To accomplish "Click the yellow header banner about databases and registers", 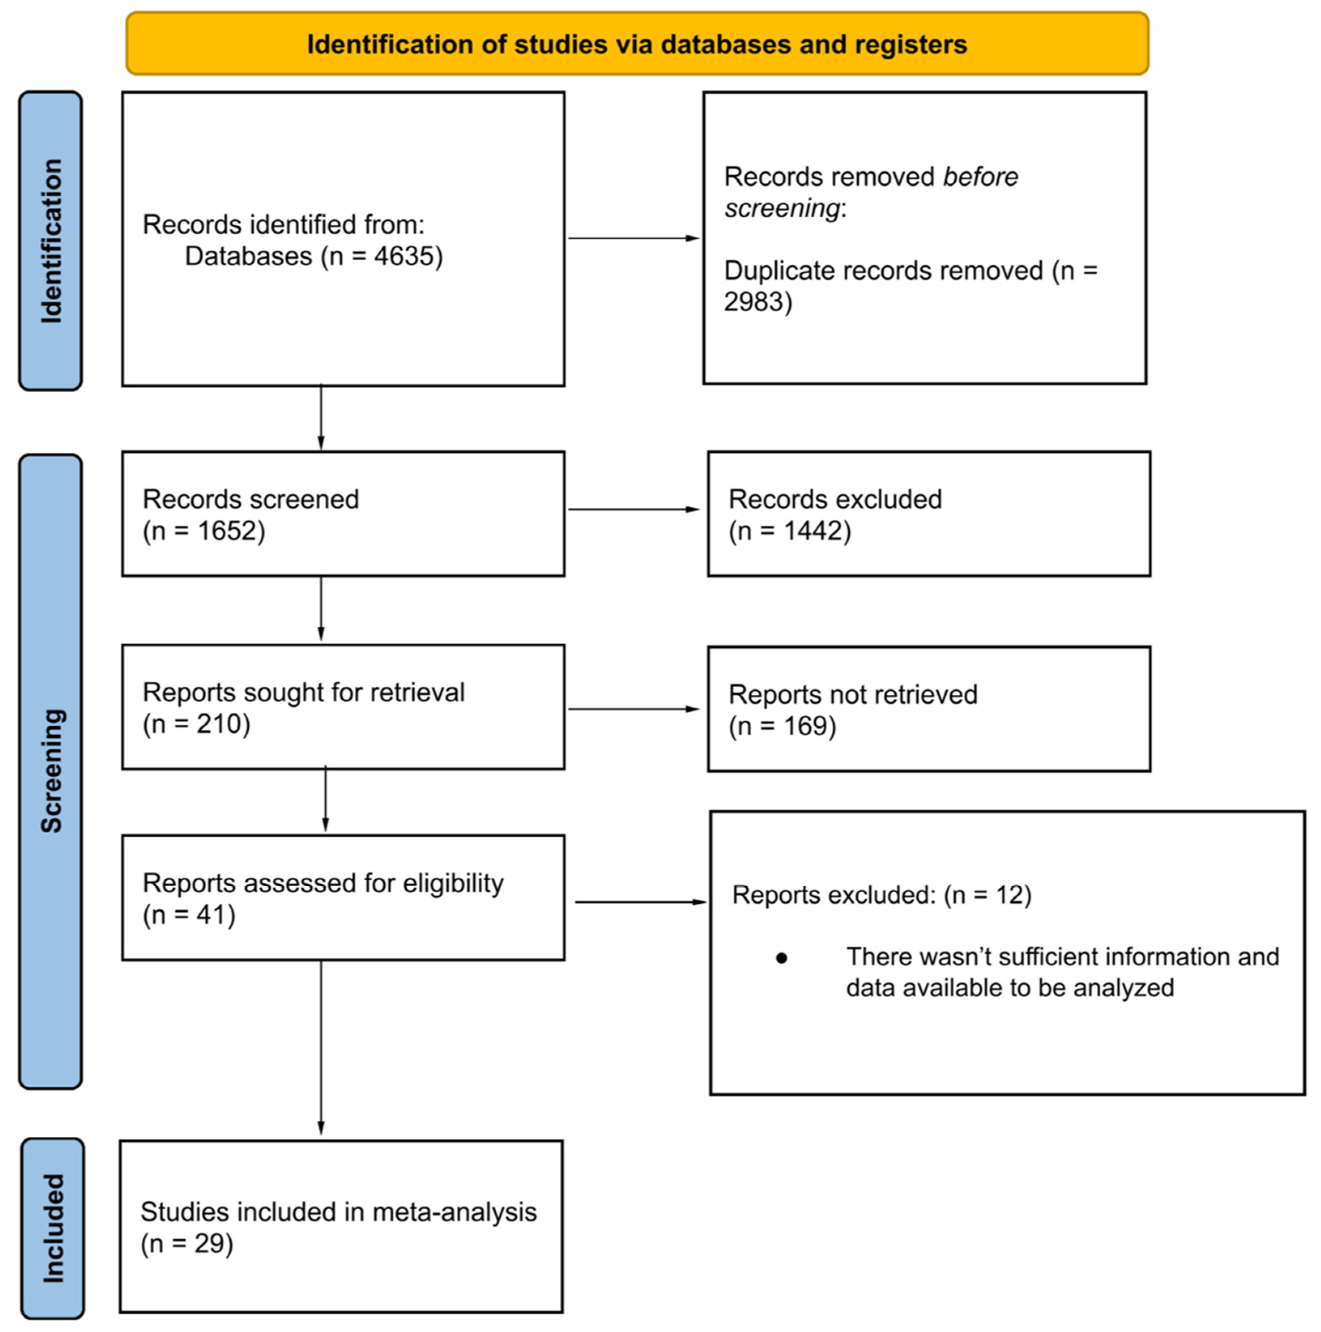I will (637, 43).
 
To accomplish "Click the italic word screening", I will (782, 208).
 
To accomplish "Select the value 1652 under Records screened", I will (228, 531).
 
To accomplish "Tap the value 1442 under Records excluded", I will (814, 531).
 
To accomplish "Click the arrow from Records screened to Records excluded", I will (633, 509).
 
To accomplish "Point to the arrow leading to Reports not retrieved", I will (633, 709).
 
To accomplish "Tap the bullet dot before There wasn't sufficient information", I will (781, 958).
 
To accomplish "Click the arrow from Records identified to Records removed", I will (633, 238).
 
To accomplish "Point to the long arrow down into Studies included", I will (321, 1048).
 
